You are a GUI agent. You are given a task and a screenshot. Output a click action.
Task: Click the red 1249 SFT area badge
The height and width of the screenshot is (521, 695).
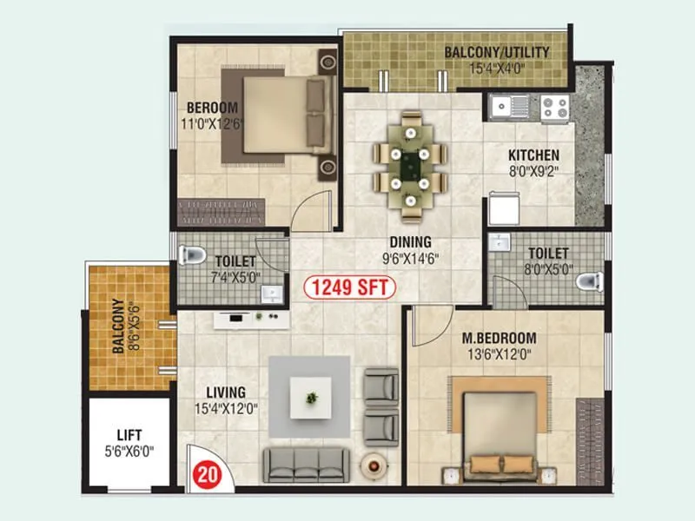pyautogui.click(x=349, y=287)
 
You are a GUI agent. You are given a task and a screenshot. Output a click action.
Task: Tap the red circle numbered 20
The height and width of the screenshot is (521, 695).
pyautogui.click(x=205, y=474)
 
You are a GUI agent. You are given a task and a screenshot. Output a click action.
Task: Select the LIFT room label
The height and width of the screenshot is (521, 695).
pyautogui.click(x=129, y=434)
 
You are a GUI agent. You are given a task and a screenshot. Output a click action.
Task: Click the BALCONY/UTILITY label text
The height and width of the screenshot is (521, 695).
pyautogui.click(x=497, y=52)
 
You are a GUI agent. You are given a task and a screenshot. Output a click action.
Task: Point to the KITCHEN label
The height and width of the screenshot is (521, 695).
pyautogui.click(x=533, y=156)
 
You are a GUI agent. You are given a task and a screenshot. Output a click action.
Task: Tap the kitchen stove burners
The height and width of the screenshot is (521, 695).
pyautogui.click(x=554, y=108)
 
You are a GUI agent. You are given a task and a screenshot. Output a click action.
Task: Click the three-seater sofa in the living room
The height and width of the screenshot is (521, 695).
pyautogui.click(x=307, y=464)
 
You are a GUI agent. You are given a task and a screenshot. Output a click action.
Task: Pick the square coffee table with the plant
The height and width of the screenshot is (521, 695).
pyautogui.click(x=311, y=397)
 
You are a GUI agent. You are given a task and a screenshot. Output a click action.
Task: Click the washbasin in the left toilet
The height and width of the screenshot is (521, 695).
pyautogui.click(x=272, y=293)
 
